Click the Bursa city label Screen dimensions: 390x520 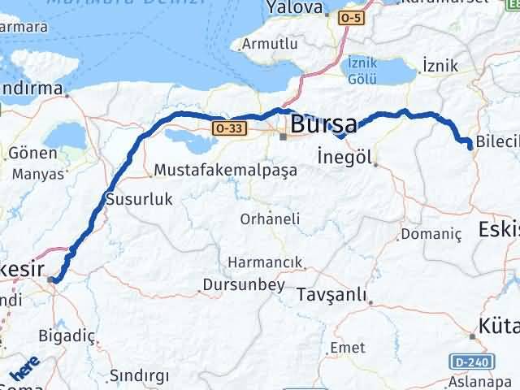323,125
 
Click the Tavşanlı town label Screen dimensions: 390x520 331,292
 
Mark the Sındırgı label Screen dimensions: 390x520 140,375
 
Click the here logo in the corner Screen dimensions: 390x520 22,373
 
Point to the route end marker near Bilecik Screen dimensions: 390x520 470,145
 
